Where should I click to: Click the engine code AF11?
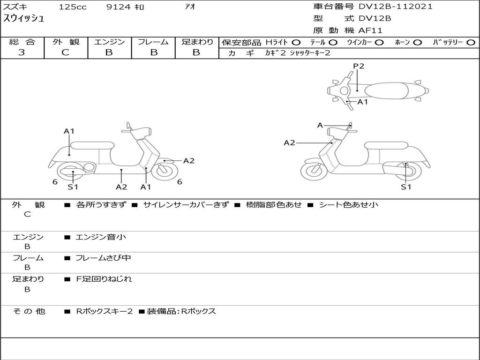pyautogui.click(x=370, y=31)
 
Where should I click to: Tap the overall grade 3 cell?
pyautogui.click(x=22, y=52)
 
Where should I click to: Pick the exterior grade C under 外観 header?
pyautogui.click(x=65, y=52)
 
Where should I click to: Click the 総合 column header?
pyautogui.click(x=22, y=42)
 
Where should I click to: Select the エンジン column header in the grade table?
pyautogui.click(x=109, y=42)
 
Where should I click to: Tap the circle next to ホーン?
pyautogui.click(x=418, y=43)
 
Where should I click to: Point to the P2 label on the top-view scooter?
pyautogui.click(x=359, y=66)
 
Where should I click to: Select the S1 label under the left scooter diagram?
pyautogui.click(x=73, y=187)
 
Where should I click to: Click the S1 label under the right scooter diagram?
pyautogui.click(x=406, y=187)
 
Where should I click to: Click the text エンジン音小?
pyautogui.click(x=101, y=237)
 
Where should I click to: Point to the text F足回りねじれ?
pyautogui.click(x=104, y=279)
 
